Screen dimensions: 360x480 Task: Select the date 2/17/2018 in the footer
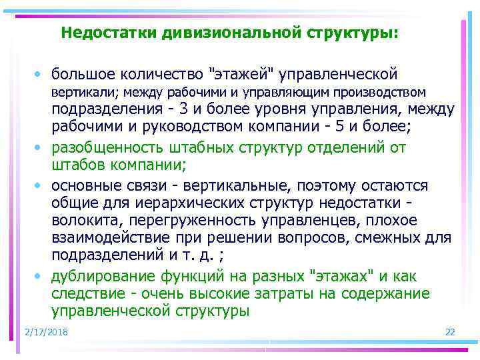pos(46,332)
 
